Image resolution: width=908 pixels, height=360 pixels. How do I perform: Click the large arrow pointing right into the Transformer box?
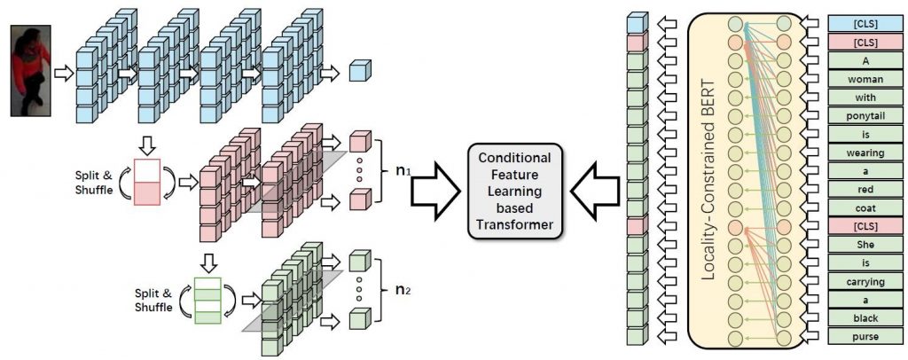[438, 189]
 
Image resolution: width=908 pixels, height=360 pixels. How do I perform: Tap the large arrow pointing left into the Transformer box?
[591, 189]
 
